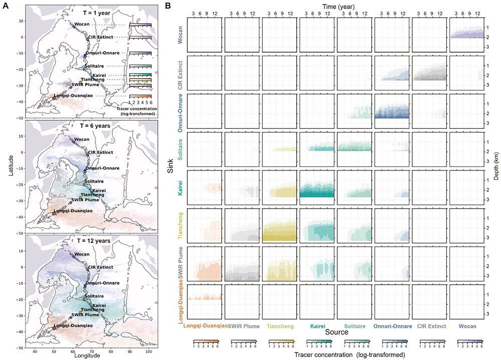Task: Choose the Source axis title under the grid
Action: point(329,332)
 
